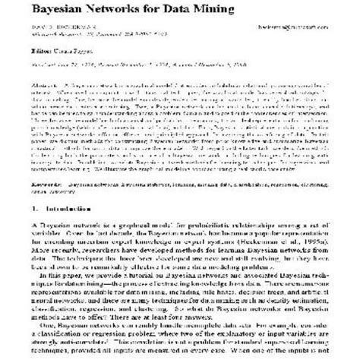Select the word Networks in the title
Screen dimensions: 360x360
tap(131, 10)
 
